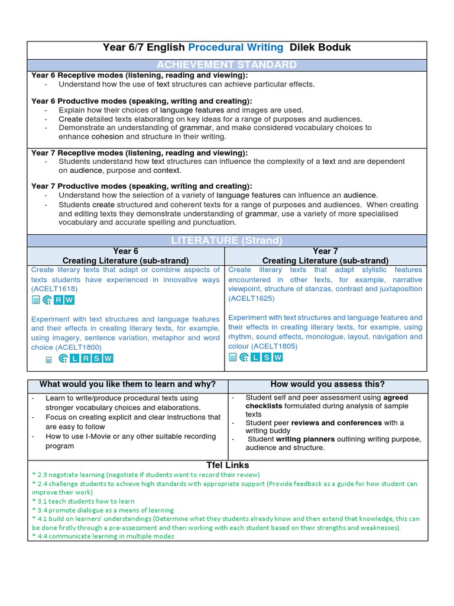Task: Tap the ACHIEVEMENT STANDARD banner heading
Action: pos(227,65)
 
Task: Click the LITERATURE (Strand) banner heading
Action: pos(227,240)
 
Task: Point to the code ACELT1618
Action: pos(54,289)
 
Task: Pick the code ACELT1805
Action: pos(274,346)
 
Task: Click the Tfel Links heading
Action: pos(227,465)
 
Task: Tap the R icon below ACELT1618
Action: pos(58,300)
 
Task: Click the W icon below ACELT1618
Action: pos(69,300)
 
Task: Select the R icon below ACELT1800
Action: pos(85,359)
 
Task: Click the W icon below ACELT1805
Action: pos(278,357)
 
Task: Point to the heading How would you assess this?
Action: pos(327,384)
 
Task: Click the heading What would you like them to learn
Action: pos(127,384)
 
